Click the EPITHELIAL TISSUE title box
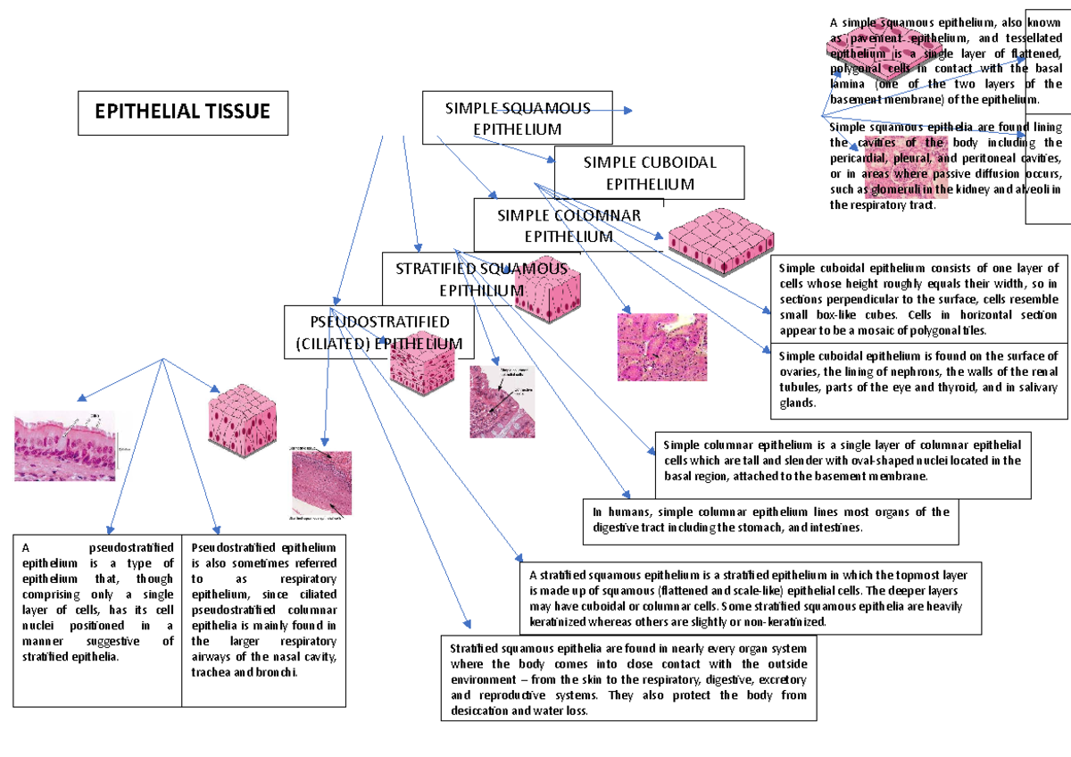click(x=183, y=112)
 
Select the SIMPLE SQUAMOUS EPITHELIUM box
click(x=518, y=118)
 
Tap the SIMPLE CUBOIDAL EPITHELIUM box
click(x=650, y=173)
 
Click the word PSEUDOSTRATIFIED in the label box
click(x=379, y=321)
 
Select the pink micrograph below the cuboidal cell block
click(x=661, y=347)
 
